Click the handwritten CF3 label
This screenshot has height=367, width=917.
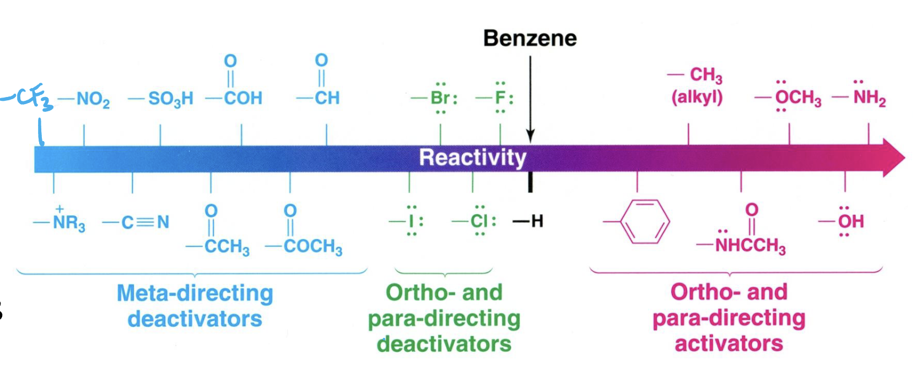[27, 99]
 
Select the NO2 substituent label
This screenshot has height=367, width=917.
[84, 99]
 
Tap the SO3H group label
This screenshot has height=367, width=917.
[160, 99]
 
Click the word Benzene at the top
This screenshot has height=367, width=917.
[530, 39]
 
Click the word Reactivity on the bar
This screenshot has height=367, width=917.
[473, 158]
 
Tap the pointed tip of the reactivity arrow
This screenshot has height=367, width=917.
[905, 158]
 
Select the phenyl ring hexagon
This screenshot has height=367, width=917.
[645, 222]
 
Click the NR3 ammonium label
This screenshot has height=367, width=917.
[60, 221]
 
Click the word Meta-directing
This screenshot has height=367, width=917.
[195, 293]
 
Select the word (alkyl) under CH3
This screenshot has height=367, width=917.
[697, 98]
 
